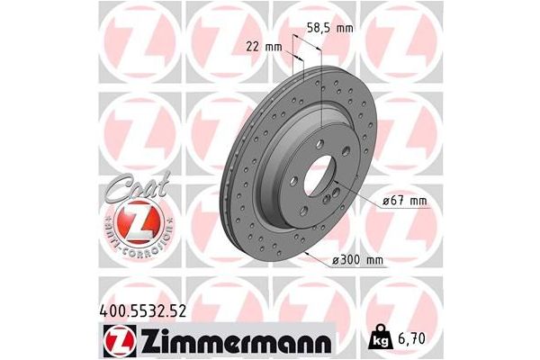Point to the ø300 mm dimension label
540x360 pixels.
click(x=357, y=260)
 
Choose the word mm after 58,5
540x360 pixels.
click(x=343, y=28)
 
